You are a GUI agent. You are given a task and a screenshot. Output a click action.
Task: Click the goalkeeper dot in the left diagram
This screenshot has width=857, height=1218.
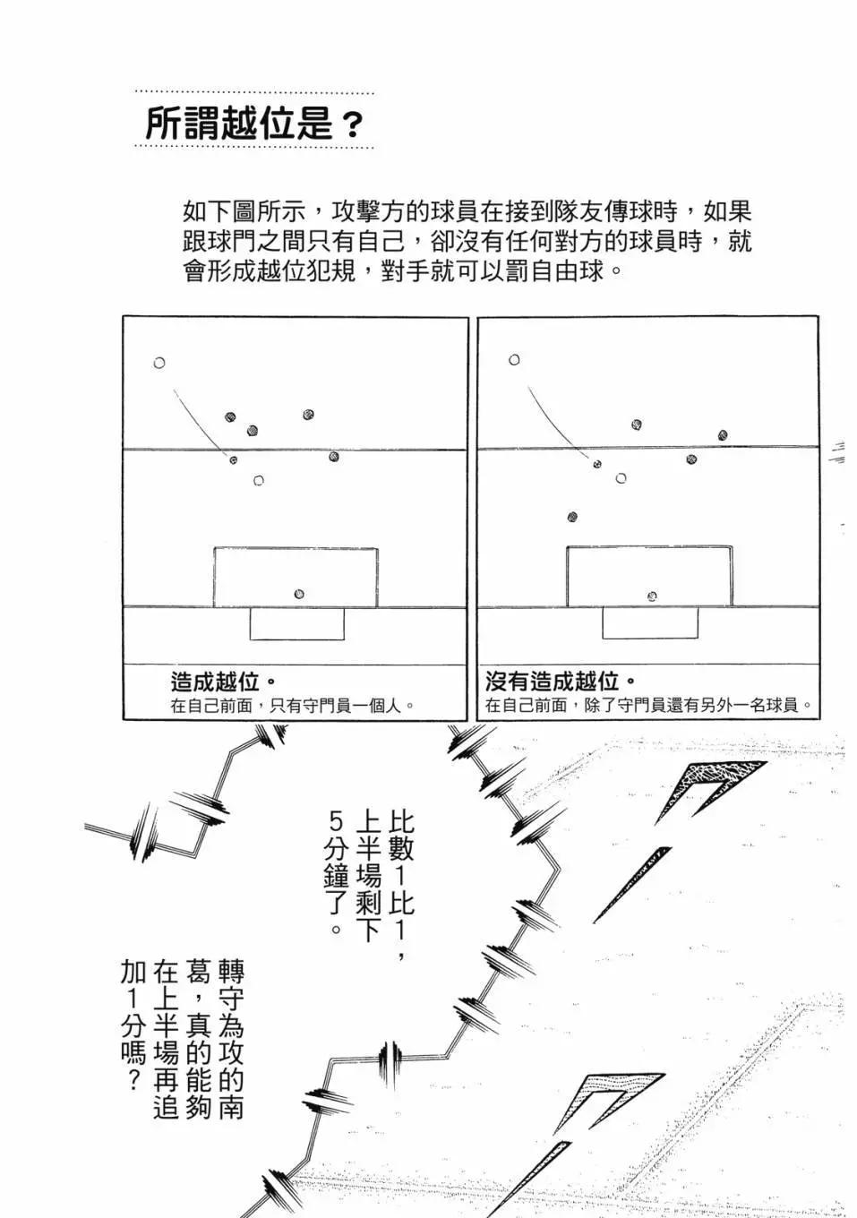pos(299,594)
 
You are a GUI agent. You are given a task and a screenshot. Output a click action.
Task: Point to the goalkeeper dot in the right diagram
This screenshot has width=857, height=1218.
pos(652,596)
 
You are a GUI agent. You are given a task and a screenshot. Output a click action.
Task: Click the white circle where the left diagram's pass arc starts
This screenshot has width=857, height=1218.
pos(159,363)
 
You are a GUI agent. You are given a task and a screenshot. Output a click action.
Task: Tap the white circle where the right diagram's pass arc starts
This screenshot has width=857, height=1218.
pos(514,360)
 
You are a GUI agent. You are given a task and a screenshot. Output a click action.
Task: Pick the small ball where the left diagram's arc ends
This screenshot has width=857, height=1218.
pos(234,459)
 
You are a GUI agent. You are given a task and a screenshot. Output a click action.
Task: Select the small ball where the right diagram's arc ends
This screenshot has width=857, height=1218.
pos(596,464)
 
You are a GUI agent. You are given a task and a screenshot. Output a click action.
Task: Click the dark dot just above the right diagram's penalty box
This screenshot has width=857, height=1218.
pos(572,517)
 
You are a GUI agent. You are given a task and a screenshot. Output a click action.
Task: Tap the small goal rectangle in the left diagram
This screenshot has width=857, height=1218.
pos(296,623)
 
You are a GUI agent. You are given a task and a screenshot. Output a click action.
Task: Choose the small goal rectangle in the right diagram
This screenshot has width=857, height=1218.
pos(650,623)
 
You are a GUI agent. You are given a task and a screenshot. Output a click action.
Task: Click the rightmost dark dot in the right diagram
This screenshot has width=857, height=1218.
pos(723,435)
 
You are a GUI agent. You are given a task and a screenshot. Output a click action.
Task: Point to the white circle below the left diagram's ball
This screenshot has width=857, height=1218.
pos(259,481)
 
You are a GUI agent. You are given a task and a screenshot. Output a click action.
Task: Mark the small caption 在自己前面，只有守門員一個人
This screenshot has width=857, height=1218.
pos(293,705)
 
